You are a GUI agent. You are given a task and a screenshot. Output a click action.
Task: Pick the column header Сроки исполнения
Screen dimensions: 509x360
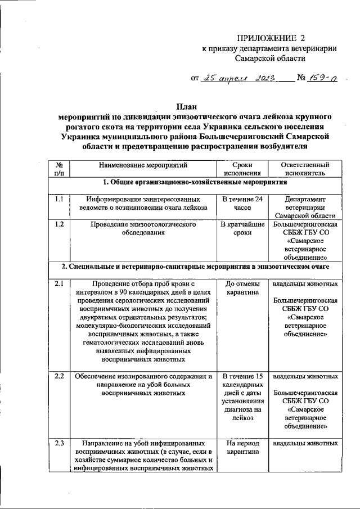click(x=242, y=169)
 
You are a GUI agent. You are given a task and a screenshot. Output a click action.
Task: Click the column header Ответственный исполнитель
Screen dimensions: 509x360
click(x=304, y=169)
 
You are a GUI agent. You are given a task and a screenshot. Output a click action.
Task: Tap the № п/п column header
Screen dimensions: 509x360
click(x=59, y=169)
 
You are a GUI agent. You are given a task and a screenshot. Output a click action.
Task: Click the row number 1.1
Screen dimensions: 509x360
click(x=59, y=199)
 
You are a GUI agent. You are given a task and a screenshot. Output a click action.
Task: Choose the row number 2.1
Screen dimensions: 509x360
click(x=59, y=283)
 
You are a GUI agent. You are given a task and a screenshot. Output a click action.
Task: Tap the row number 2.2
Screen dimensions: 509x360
click(x=59, y=376)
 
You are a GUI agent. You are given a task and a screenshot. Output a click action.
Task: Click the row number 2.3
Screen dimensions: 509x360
click(x=59, y=443)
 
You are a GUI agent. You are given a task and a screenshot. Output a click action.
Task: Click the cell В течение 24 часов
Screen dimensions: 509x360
click(x=242, y=203)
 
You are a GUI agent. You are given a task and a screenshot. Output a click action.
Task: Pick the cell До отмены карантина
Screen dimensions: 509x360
click(x=242, y=288)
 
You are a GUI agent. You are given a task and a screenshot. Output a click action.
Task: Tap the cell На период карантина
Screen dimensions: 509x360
click(x=242, y=447)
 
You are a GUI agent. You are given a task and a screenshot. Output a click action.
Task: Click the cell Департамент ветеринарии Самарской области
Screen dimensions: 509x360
click(x=304, y=207)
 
